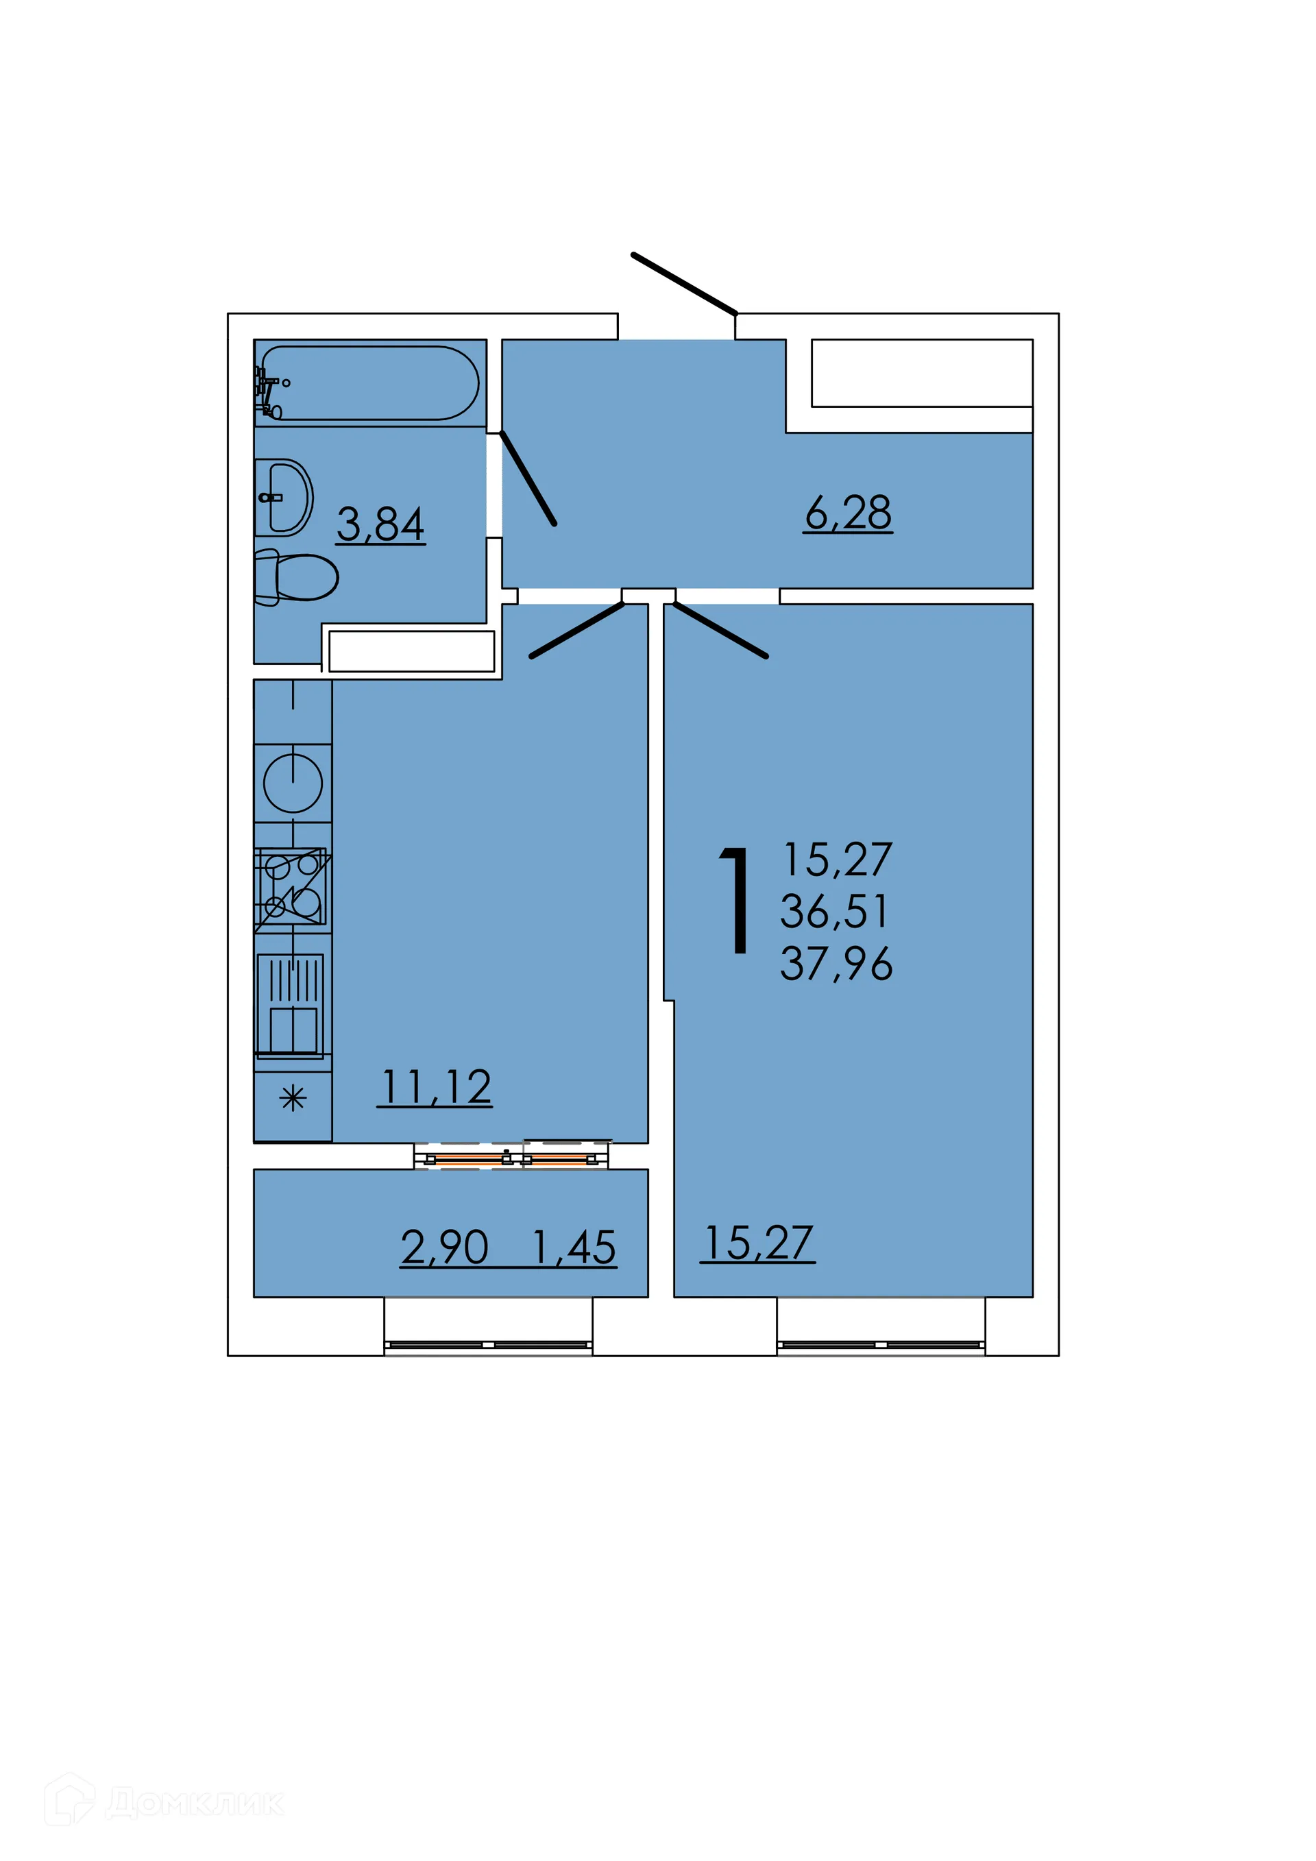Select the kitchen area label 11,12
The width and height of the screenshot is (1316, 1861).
pos(435,1087)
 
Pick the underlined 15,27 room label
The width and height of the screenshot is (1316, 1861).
pos(757,1243)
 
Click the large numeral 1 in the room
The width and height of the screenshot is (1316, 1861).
pos(735,901)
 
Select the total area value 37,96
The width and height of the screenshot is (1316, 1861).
pos(836,964)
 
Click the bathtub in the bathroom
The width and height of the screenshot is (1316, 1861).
pos(369,382)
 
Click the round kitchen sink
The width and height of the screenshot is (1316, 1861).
pos(293,783)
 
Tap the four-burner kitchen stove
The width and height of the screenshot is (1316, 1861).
pos(292,888)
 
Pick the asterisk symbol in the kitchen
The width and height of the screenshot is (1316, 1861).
pos(293,1098)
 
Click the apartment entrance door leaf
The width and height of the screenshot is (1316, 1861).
pos(684,284)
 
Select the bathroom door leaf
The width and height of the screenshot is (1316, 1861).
pos(528,478)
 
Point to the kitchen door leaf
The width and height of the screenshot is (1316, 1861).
pos(577,631)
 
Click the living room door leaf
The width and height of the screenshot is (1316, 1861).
pos(720,631)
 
